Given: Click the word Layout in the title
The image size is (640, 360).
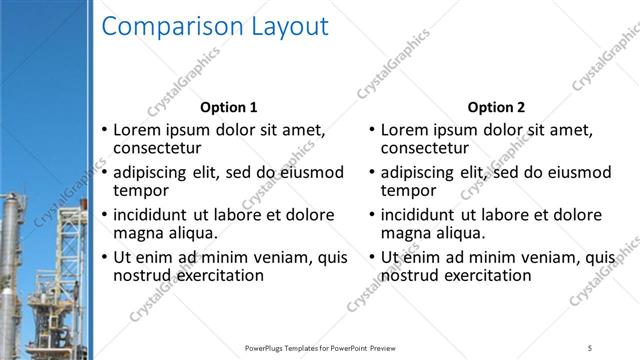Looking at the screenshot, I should [x=286, y=28].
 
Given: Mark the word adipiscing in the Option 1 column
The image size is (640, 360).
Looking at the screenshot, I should [x=155, y=172].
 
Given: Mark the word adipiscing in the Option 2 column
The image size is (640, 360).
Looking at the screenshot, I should [x=422, y=172].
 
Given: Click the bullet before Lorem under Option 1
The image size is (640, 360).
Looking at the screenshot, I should [x=105, y=131].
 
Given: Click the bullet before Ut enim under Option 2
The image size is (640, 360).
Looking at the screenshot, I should [x=372, y=258].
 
